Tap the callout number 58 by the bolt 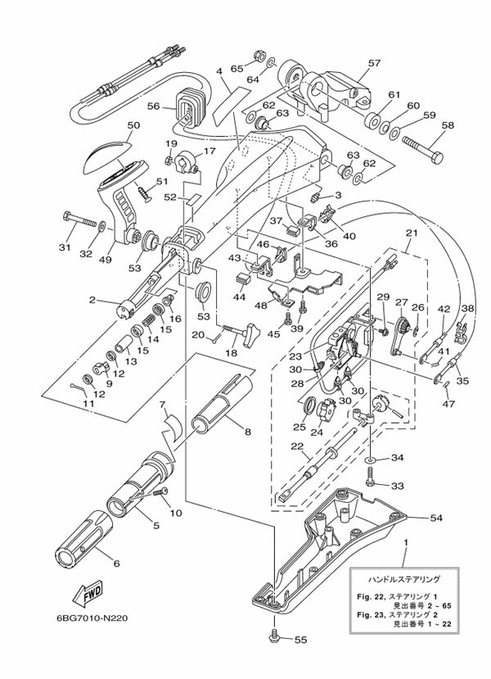coord(447,125)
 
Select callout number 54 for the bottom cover coord(436,518)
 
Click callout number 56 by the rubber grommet coord(153,106)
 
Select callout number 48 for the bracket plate coord(261,306)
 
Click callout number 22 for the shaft coord(295,446)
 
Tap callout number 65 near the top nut coord(235,69)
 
